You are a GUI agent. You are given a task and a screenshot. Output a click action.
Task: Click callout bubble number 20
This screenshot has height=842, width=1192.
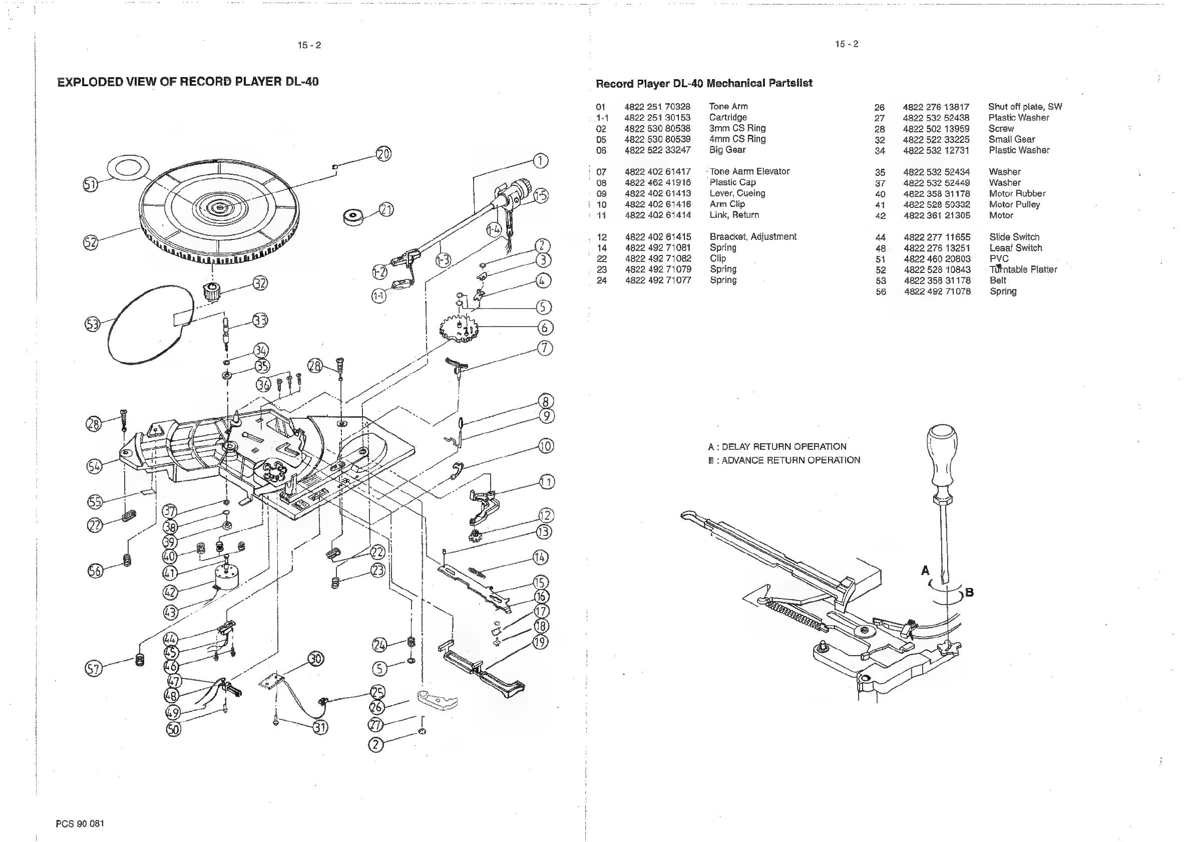(383, 154)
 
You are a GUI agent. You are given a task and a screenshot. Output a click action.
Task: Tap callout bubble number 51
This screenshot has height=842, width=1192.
(90, 184)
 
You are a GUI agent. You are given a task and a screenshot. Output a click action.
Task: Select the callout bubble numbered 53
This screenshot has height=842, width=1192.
(93, 325)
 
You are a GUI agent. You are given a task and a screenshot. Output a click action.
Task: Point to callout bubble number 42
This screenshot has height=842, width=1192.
(170, 592)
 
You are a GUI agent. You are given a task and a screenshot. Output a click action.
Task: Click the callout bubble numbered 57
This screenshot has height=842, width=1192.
(94, 669)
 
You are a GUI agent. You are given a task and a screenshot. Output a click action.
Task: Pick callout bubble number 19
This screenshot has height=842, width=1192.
(541, 642)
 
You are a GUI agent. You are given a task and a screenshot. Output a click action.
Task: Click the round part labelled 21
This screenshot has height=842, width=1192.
(354, 216)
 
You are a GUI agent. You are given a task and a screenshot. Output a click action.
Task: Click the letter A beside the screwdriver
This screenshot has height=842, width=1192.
(925, 571)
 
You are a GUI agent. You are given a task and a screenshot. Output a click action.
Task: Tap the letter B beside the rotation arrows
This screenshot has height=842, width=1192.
(969, 592)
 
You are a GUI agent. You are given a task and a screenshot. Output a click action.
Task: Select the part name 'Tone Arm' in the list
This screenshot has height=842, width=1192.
(728, 107)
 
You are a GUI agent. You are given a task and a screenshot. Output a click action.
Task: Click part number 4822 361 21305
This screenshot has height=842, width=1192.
(937, 215)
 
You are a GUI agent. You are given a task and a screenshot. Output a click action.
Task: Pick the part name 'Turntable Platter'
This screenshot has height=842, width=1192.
(1023, 269)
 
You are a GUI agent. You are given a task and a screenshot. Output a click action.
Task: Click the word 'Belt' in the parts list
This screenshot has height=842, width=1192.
(997, 280)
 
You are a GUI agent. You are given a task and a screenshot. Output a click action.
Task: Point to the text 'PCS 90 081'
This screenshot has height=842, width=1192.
(80, 823)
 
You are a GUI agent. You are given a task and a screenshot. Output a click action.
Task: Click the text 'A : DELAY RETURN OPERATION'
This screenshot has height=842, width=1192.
(776, 447)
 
